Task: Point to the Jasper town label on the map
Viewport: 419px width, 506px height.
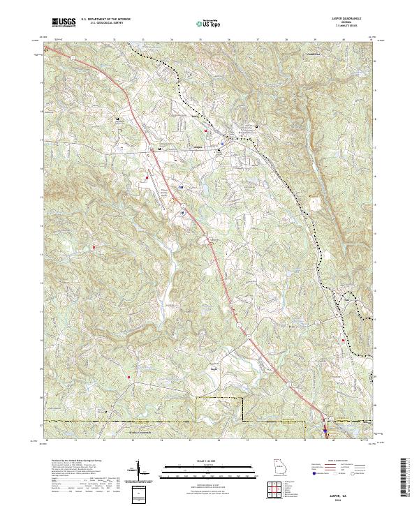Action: pos(197,147)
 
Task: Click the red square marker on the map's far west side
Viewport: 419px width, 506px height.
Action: pos(94,246)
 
